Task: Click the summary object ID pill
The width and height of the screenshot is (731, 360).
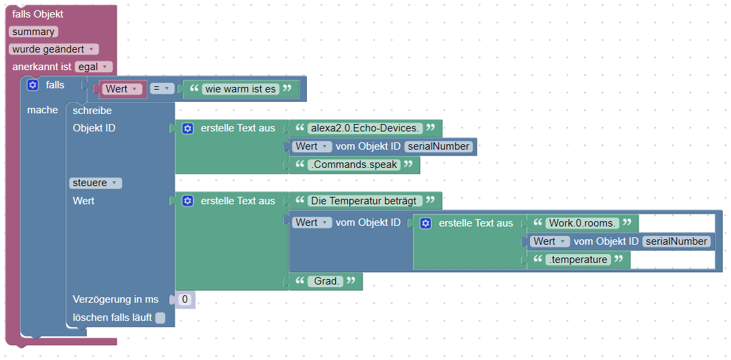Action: tap(33, 32)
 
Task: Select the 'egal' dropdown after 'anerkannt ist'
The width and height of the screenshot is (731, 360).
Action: tap(93, 67)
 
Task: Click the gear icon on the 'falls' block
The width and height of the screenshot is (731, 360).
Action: tap(32, 85)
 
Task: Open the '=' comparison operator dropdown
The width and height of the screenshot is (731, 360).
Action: tap(162, 88)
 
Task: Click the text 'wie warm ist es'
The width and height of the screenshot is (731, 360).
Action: tap(241, 89)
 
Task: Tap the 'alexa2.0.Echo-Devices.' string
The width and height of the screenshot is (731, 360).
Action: tap(365, 128)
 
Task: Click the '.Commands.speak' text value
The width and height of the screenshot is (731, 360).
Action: tap(354, 164)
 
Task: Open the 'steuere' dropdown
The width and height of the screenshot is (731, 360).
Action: tap(95, 183)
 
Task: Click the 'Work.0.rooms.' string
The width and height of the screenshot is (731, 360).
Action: tap(582, 222)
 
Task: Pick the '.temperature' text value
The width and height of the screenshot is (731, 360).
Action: tap(578, 260)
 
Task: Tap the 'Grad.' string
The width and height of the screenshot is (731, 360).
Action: tap(326, 281)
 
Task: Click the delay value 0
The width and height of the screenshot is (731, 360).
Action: tap(185, 299)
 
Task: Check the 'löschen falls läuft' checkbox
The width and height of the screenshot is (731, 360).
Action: tap(160, 318)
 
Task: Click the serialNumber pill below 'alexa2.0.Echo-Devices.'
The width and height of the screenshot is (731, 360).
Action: tap(438, 146)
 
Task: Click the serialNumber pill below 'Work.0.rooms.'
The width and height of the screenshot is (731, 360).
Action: tap(676, 241)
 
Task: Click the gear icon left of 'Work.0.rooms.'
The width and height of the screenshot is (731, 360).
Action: tap(426, 223)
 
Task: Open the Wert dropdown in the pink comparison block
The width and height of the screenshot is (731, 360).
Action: tap(122, 89)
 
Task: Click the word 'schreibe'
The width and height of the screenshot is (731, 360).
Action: tap(92, 110)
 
